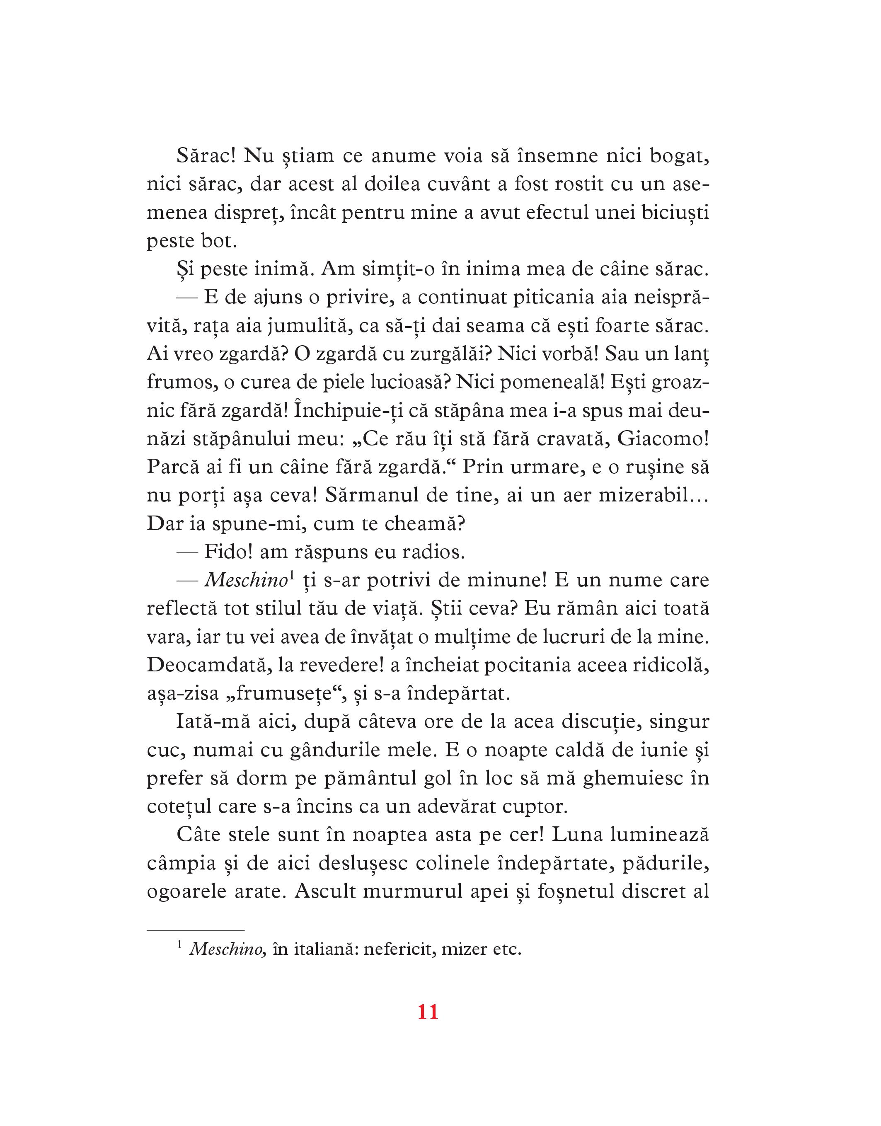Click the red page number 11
pos(428,1027)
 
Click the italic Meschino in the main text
pos(245,581)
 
